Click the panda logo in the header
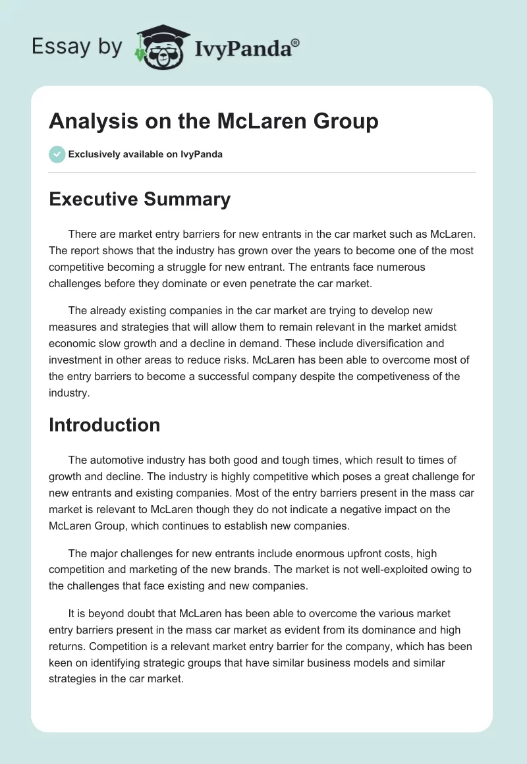pos(161,47)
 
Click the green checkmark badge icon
pos(57,154)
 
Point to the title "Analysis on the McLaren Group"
pos(213,122)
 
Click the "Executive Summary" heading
pos(140,199)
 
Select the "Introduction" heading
pos(104,425)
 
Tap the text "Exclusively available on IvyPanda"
pos(146,154)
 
